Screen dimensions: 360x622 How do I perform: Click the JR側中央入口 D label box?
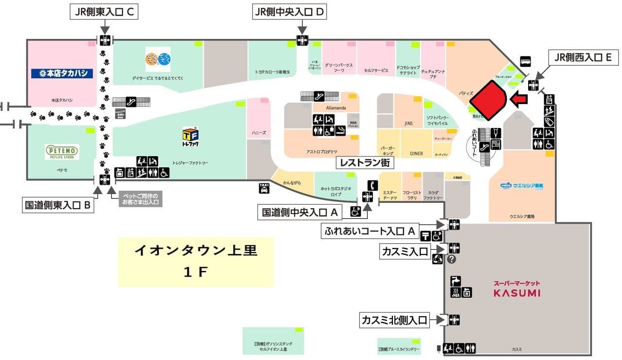pos(289,12)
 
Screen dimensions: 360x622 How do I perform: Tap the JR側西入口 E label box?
pos(583,58)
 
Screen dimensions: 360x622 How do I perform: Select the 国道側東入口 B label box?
pos(58,205)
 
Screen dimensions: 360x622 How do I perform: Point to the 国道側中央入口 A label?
pos(300,212)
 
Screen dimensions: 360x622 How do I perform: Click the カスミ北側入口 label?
pos(394,320)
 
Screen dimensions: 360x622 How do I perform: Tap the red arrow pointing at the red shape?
pos(519,100)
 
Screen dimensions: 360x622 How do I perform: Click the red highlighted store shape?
pos(488,99)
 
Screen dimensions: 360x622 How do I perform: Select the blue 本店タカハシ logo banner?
pos(62,73)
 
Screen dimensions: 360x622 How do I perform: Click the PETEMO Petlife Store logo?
pos(62,152)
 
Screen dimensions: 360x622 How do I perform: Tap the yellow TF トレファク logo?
pos(190,137)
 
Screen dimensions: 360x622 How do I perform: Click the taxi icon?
pos(264,188)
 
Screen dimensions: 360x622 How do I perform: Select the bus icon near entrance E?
pos(525,62)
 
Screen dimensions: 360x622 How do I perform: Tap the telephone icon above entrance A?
pos(372,185)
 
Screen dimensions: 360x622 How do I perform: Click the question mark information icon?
pos(451,259)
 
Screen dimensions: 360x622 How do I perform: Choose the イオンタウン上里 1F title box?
pos(195,262)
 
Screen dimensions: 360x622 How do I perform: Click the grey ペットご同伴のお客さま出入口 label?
pos(140,198)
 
